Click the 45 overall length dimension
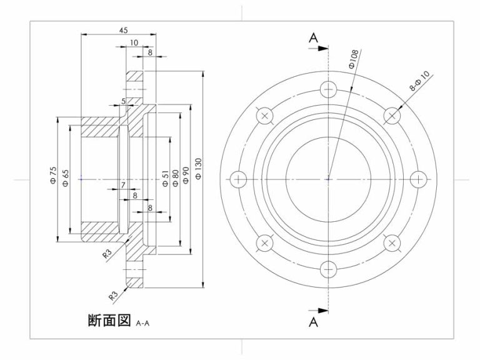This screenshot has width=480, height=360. point(123,30)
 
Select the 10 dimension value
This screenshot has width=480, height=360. point(134,42)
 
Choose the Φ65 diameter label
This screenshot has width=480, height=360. point(66,176)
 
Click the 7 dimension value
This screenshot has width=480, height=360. point(123,185)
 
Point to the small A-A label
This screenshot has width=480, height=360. point(143,323)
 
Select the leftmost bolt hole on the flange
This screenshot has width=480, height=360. point(238,179)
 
